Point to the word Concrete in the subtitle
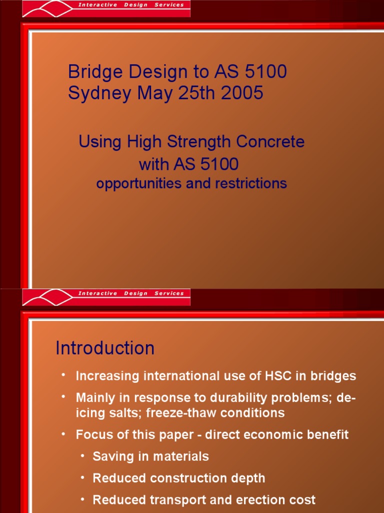coord(270,142)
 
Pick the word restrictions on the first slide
coord(251,183)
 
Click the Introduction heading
coord(105,348)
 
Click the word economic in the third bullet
coord(272,435)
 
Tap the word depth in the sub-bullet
coord(248,478)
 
